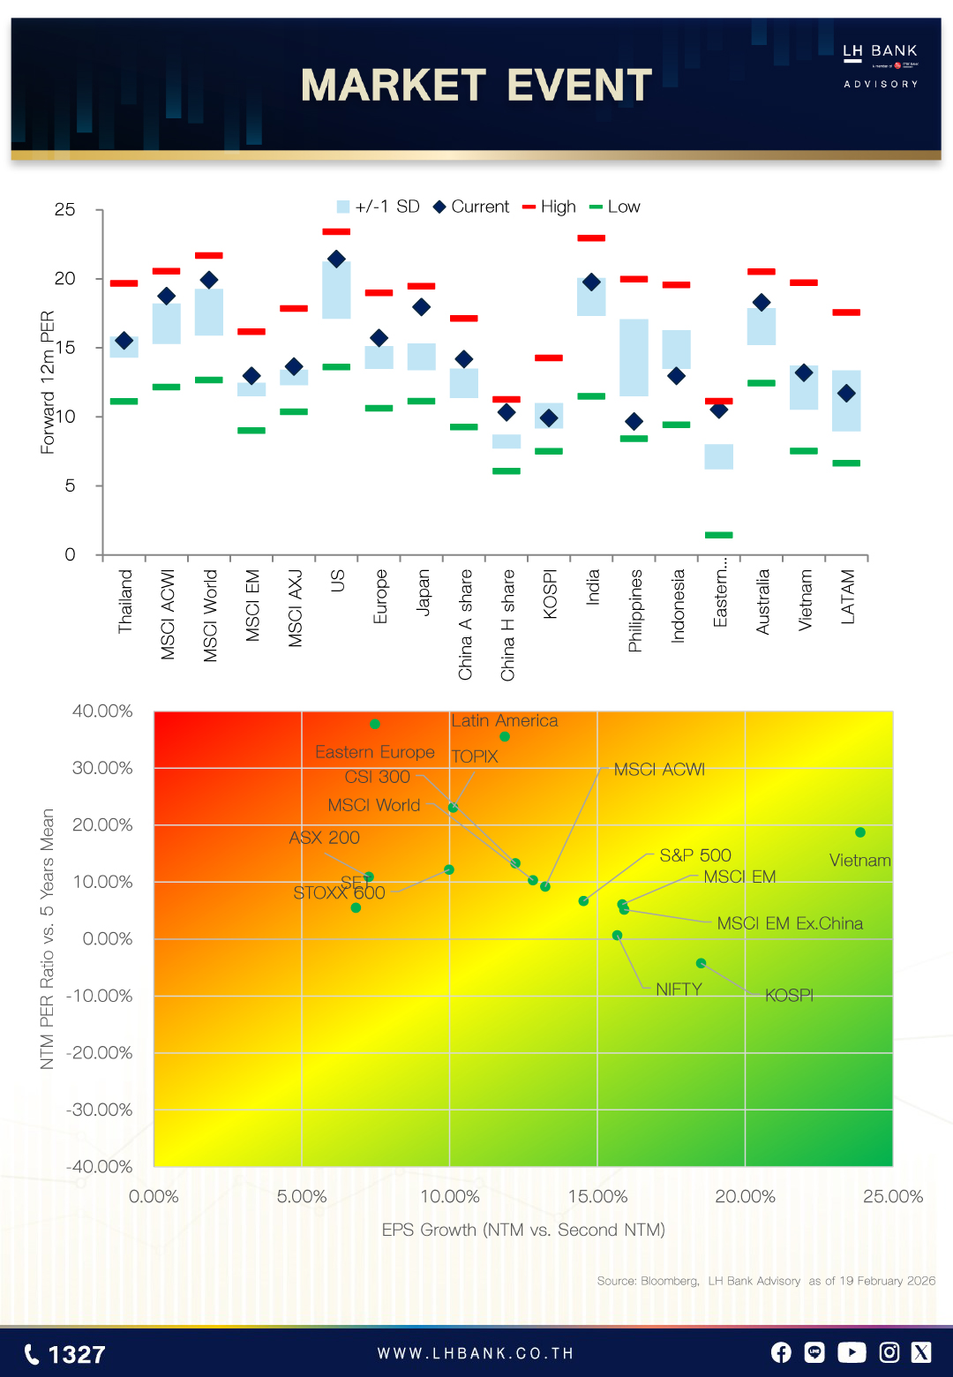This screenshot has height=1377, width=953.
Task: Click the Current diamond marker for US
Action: (x=336, y=259)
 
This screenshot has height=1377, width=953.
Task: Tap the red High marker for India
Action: (x=591, y=238)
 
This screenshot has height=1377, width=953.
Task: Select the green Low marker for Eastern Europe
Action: (x=718, y=535)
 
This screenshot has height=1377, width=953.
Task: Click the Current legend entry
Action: (x=471, y=207)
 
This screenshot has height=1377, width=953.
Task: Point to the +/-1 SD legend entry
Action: (x=378, y=207)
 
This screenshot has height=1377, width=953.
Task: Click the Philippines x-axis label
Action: (x=634, y=611)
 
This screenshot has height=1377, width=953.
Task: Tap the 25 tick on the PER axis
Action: (x=65, y=210)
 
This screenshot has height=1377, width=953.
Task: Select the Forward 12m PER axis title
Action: (x=48, y=382)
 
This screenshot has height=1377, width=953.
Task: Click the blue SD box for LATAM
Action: (x=846, y=401)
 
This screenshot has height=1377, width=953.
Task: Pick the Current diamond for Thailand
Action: (x=124, y=341)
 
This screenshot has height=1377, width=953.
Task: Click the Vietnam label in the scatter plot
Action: (x=859, y=861)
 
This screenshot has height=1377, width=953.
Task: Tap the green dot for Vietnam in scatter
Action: (x=860, y=832)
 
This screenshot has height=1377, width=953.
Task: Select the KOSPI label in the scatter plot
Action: (x=789, y=996)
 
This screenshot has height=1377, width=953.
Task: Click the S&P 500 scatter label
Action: (x=695, y=855)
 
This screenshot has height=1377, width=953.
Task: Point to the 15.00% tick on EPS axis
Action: (x=597, y=1197)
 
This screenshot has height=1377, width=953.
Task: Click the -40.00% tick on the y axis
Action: (x=100, y=1167)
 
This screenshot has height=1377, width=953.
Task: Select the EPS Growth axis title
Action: (x=523, y=1230)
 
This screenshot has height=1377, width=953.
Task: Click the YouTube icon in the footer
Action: (x=852, y=1352)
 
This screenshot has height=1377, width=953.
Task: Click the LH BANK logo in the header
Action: (x=880, y=64)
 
